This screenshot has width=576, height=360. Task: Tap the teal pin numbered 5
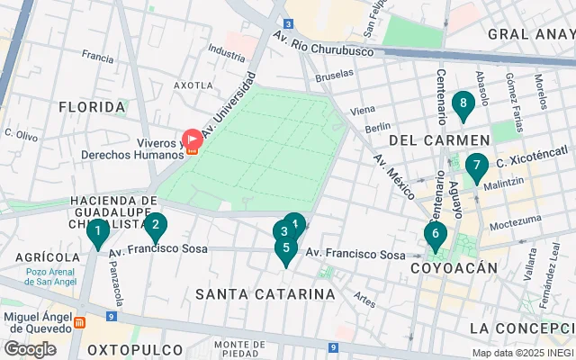tap(286, 248)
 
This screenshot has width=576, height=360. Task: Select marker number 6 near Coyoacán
tap(436, 236)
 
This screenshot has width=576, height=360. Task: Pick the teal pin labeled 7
tap(476, 166)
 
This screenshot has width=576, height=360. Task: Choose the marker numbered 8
tap(463, 104)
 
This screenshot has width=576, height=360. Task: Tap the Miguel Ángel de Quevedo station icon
tap(81, 321)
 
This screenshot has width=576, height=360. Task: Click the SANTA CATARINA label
tap(265, 294)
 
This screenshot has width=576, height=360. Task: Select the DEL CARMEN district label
tap(439, 140)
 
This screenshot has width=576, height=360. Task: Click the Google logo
tap(30, 348)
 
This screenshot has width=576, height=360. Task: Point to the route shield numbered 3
tap(286, 23)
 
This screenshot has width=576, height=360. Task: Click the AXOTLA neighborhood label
tap(193, 85)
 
